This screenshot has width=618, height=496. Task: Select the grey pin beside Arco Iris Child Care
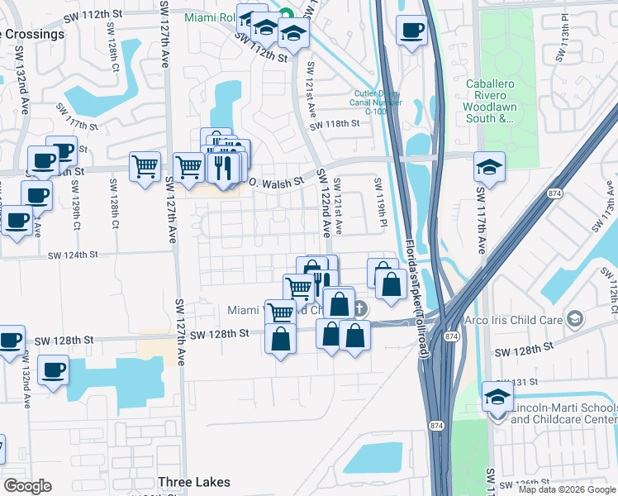coord(576,318)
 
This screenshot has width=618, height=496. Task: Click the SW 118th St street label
coord(335,125)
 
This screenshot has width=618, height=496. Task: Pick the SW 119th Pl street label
coord(383,201)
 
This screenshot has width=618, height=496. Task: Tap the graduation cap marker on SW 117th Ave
coord(489,168)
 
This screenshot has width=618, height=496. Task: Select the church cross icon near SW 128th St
coord(359,309)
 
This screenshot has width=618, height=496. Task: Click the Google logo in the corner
coord(26,486)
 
